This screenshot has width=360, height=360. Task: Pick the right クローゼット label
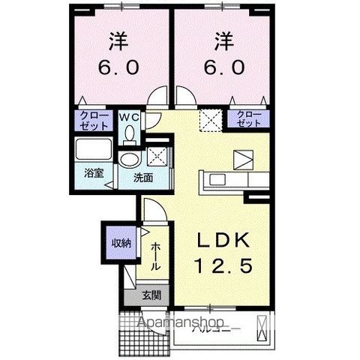pos(249,118)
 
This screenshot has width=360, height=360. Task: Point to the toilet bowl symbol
pos(130,134)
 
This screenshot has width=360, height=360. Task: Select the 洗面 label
pos(142,178)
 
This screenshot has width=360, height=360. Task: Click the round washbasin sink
pos(131,160)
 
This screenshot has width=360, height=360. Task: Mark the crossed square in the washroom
pos(157,156)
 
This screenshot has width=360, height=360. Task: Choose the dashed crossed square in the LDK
pos(208,118)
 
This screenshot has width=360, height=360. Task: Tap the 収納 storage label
pos(121,243)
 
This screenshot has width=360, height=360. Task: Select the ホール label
pos(155,256)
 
